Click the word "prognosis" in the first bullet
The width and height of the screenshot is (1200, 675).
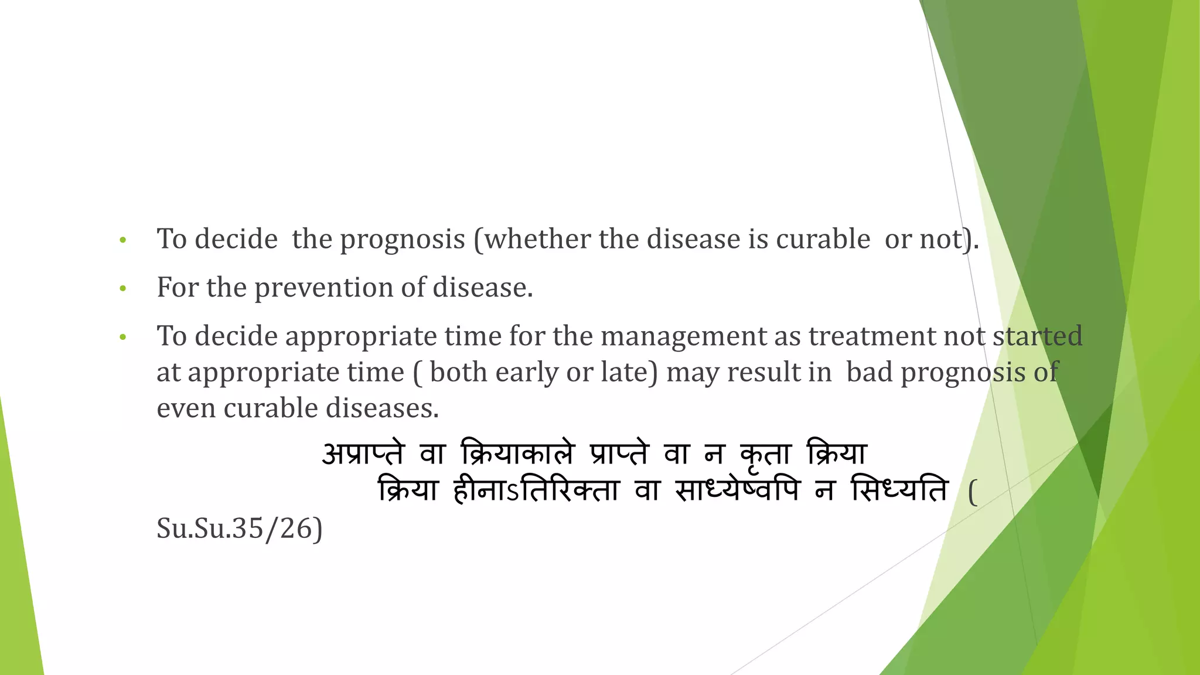click(x=403, y=240)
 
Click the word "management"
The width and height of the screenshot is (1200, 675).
click(x=683, y=336)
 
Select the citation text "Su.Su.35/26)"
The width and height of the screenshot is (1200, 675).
click(x=240, y=529)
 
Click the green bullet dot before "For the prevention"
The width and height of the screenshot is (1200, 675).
click(x=122, y=289)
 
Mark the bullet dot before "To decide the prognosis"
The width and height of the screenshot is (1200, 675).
click(x=122, y=240)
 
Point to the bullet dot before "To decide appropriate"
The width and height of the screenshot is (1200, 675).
click(x=122, y=337)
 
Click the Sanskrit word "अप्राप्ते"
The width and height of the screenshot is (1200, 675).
click(x=363, y=454)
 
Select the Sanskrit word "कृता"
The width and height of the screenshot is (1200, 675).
click(x=766, y=454)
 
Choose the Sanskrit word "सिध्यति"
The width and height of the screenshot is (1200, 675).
click(x=900, y=490)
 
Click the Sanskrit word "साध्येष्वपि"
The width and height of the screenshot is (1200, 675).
click(x=737, y=490)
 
